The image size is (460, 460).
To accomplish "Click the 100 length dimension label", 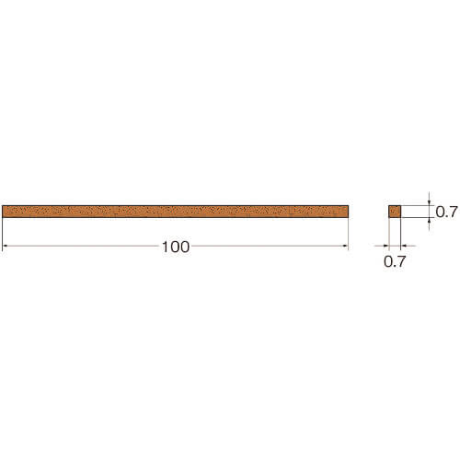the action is (176, 247).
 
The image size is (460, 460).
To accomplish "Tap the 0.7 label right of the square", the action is (446, 212).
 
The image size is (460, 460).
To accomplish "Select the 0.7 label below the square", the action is (395, 261).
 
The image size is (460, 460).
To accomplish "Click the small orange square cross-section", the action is (395, 212).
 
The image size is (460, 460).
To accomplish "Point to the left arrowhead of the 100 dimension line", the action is (5, 246).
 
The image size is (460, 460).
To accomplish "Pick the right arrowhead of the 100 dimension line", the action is (346, 246).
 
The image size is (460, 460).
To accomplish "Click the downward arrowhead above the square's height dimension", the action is (429, 202).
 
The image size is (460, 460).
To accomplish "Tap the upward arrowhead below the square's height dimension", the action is (429, 221).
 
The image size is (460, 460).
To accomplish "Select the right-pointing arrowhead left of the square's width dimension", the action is (385, 246).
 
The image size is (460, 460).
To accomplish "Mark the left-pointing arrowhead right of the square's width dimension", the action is (404, 246).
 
